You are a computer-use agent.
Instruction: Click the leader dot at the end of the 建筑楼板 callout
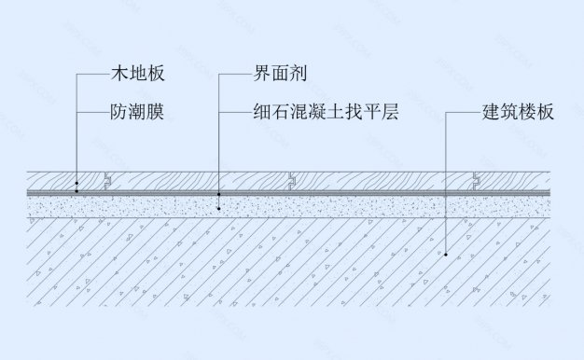(447, 254)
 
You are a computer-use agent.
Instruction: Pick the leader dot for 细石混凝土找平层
(218, 208)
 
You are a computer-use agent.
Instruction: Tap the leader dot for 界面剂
(218, 194)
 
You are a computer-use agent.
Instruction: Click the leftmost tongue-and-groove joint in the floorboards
(108, 180)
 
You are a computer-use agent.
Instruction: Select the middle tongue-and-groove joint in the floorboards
(292, 180)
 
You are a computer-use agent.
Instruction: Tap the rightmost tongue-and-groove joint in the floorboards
(477, 180)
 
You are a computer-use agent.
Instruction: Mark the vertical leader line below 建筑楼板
(447, 187)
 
